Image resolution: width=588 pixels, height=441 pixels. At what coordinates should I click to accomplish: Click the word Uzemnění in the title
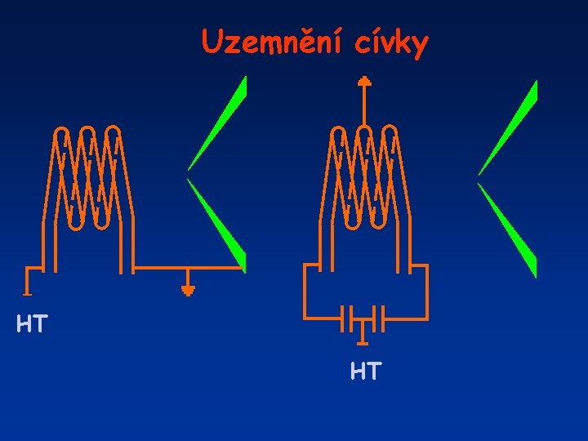(275, 42)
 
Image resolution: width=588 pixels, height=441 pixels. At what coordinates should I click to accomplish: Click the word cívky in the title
(391, 43)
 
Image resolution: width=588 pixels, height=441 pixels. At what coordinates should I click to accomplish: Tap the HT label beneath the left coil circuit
(32, 325)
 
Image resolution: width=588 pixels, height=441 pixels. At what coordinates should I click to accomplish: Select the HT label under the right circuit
(365, 372)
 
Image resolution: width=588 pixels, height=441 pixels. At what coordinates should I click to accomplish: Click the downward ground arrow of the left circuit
(189, 287)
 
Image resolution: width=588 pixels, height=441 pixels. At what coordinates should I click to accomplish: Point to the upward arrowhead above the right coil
(364, 81)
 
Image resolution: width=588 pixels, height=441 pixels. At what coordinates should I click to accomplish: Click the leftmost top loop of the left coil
(61, 132)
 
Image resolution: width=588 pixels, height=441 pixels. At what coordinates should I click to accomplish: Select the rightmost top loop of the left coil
(114, 132)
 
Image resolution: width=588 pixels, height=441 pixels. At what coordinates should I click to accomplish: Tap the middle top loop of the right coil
(364, 132)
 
